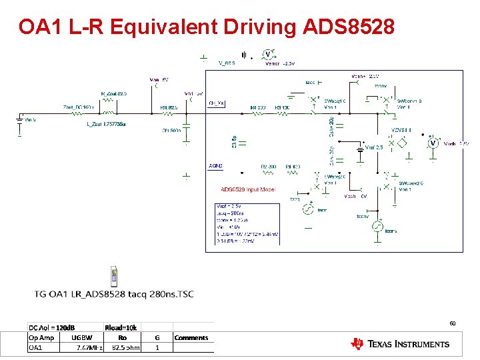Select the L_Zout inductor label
point(107,124)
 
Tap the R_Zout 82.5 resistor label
point(113,93)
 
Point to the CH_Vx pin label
point(217,103)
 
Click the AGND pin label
point(215,165)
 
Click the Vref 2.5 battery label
point(374,147)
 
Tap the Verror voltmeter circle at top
point(268,54)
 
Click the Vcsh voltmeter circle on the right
point(433,143)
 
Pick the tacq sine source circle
point(308,209)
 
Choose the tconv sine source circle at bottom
point(377,228)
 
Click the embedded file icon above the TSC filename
point(115,276)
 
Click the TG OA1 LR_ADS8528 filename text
point(114,295)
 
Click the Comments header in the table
point(191,337)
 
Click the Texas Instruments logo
point(400,344)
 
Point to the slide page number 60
point(452,323)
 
